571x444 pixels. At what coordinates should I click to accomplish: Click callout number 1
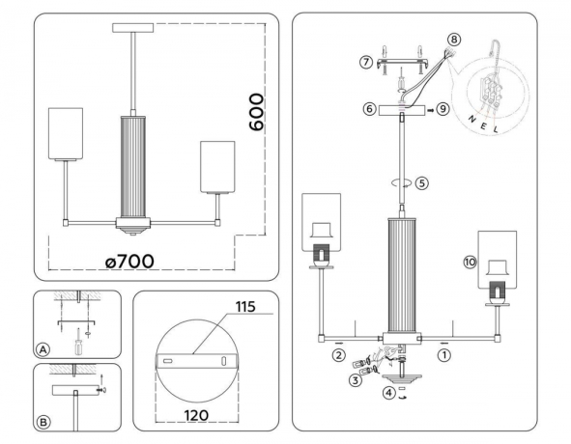443,355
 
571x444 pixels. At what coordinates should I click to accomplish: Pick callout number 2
338,355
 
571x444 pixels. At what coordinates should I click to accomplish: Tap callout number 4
388,392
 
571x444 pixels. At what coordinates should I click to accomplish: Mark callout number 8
454,41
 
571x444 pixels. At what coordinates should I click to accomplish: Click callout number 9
443,109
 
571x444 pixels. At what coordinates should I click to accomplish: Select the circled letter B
43,422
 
